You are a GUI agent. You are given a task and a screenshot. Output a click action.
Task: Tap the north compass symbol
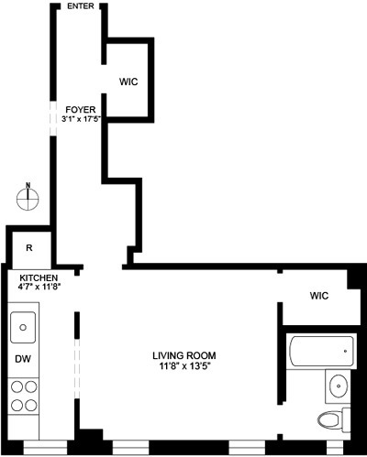point(28,197)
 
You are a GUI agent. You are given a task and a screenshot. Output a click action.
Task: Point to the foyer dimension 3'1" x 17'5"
point(81,118)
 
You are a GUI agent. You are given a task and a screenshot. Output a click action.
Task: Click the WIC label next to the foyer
point(128,82)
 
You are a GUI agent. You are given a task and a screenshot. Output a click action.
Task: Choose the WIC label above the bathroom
point(318,296)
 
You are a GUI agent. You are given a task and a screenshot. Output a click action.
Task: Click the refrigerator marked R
point(29,247)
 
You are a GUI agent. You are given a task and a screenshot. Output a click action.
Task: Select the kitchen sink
point(25,325)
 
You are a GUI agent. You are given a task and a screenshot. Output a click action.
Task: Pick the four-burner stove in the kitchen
point(24,393)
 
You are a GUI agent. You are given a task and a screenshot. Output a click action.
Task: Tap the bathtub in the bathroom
point(320,350)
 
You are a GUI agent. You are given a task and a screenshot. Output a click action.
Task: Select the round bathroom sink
point(339,386)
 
